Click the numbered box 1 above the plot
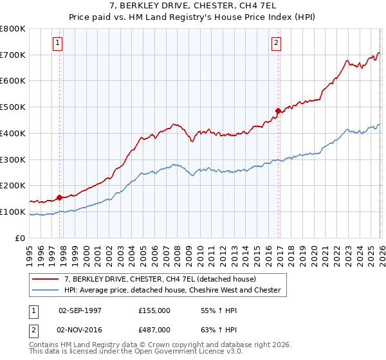(57, 43)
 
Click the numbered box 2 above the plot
(276, 43)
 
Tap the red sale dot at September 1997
(60, 197)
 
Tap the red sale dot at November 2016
(279, 111)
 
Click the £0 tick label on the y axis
(21, 238)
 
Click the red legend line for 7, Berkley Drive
(46, 279)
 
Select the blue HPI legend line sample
(46, 290)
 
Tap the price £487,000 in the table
(154, 329)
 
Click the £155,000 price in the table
(154, 310)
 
